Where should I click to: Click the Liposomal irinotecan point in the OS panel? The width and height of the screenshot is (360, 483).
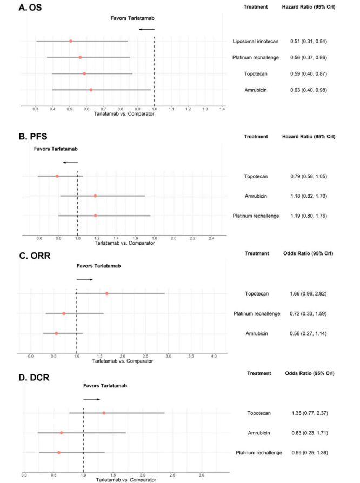pyautogui.click(x=71, y=41)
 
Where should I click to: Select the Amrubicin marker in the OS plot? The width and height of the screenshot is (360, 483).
pyautogui.click(x=91, y=90)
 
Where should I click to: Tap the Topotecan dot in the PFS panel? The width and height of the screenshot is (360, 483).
pyautogui.click(x=57, y=176)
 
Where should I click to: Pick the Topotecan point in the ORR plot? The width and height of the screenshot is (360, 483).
pyautogui.click(x=106, y=293)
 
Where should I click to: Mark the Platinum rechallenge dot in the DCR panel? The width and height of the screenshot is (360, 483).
pyautogui.click(x=58, y=453)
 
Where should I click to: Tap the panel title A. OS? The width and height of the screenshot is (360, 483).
pyautogui.click(x=30, y=8)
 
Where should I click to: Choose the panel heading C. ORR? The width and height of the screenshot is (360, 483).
pyautogui.click(x=35, y=256)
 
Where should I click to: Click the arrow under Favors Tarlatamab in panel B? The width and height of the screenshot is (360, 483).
pyautogui.click(x=70, y=162)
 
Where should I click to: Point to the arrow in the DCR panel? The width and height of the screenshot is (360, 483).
pyautogui.click(x=91, y=399)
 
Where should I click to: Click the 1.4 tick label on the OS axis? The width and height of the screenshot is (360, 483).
pyautogui.click(x=222, y=109)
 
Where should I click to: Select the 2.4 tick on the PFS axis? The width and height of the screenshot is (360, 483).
pyautogui.click(x=211, y=238)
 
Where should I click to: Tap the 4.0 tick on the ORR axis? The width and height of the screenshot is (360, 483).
pyautogui.click(x=214, y=356)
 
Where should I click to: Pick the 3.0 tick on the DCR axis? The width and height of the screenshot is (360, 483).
pyautogui.click(x=202, y=475)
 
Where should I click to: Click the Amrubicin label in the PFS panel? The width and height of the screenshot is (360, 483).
pyautogui.click(x=256, y=196)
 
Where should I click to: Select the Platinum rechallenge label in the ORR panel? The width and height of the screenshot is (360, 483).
pyautogui.click(x=257, y=313)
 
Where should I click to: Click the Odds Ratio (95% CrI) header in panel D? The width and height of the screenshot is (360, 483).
pyautogui.click(x=310, y=373)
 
